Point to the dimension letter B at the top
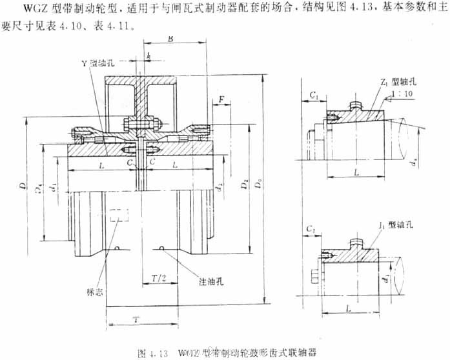(x=170, y=40)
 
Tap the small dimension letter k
(x=149, y=57)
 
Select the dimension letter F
(x=221, y=100)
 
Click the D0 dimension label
(x=261, y=187)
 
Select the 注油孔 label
(x=210, y=282)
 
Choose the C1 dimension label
(x=313, y=95)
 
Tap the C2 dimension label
(x=311, y=230)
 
